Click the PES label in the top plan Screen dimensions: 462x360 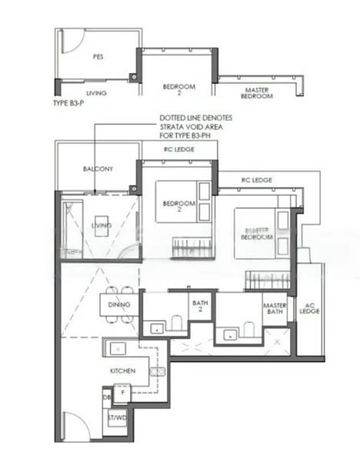click(98, 57)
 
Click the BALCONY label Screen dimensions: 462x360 click(98, 169)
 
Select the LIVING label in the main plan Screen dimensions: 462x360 click(102, 225)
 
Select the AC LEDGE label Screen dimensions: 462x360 click(310, 310)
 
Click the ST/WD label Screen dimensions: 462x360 click(118, 418)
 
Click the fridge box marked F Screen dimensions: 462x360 click(123, 392)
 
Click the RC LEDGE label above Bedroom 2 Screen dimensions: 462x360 click(178, 149)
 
